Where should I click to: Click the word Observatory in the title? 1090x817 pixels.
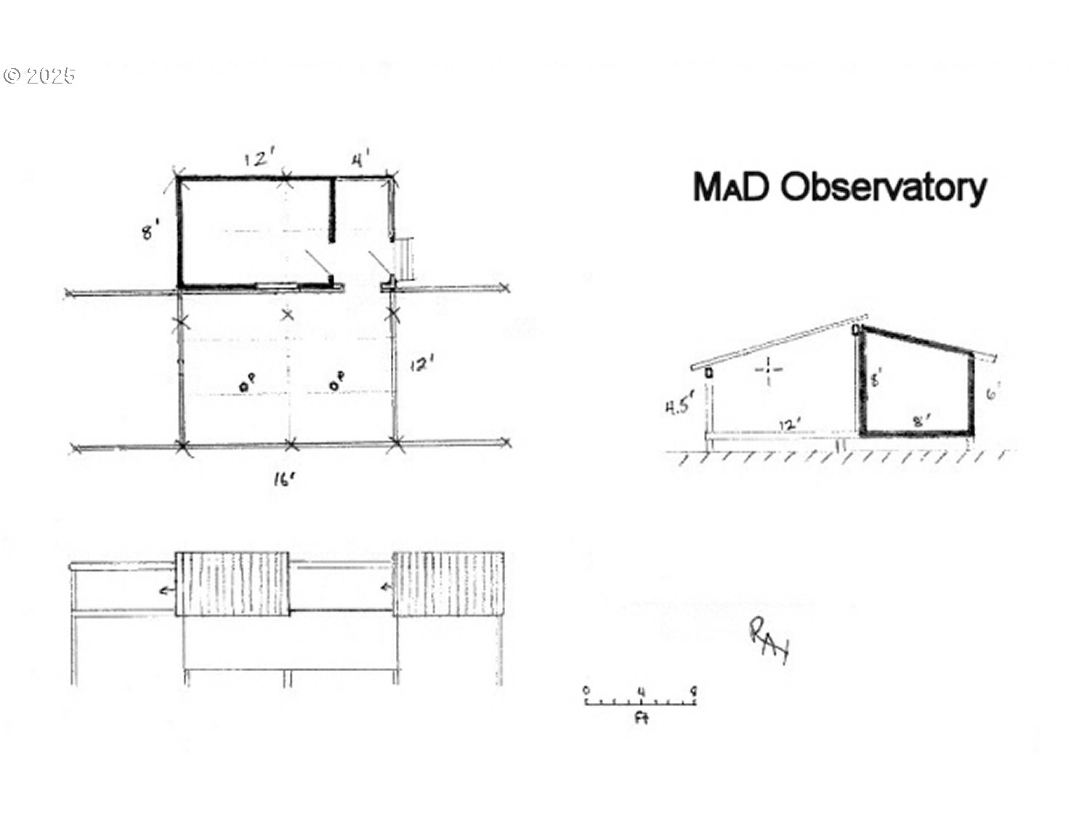pos(883,187)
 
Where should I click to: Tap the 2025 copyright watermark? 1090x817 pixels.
pos(40,76)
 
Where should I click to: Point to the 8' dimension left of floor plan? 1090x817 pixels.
pos(149,233)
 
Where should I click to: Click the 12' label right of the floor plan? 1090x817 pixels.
pos(421,365)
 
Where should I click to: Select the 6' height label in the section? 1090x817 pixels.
pos(993,394)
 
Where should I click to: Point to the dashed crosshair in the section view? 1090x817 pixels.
pos(768,370)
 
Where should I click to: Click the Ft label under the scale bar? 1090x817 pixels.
pos(641,718)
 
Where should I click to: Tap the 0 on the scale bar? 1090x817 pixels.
pos(586,691)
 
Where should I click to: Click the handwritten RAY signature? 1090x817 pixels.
pos(768,640)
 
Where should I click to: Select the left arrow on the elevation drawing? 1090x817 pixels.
pos(167,590)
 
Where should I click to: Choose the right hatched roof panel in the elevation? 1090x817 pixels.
pos(448,583)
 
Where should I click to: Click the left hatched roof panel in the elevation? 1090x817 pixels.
pos(232,583)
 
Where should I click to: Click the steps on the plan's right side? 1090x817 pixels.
pos(404,257)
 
